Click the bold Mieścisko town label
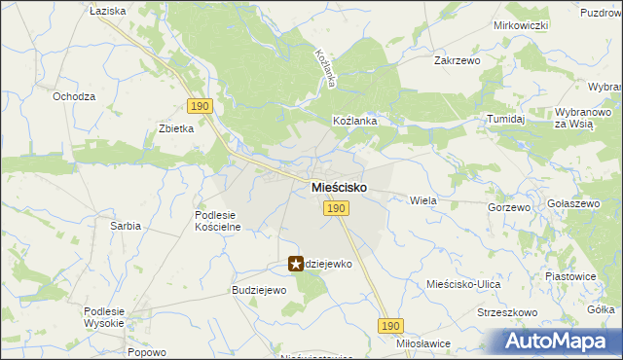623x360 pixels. [339, 187]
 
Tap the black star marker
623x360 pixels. [296, 264]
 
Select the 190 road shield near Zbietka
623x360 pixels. [200, 106]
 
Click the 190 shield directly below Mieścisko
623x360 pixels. [336, 208]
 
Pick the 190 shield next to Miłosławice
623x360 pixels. [390, 327]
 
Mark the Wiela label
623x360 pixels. [423, 200]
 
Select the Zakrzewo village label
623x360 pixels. [458, 59]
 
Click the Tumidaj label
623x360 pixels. [506, 119]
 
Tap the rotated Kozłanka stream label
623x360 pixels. [324, 70]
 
